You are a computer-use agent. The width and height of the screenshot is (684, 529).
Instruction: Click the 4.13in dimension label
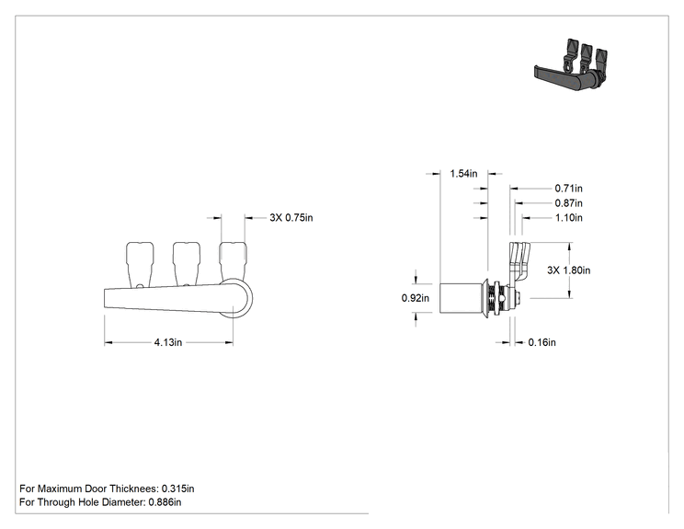[x=168, y=342]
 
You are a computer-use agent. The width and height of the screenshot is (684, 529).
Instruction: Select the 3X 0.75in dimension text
[x=291, y=217]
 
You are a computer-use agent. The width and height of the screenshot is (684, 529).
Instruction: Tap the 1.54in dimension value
[x=463, y=174]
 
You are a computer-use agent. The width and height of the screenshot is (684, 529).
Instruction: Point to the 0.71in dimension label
[x=568, y=188]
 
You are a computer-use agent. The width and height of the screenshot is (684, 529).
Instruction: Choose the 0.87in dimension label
[x=568, y=203]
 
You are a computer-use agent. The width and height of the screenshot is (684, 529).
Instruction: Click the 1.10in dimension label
[x=568, y=217]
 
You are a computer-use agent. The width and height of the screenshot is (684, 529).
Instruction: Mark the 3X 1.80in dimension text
[x=569, y=270]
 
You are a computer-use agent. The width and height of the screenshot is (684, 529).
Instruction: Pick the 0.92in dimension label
[x=416, y=298]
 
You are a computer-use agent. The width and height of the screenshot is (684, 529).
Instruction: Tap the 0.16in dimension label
[x=541, y=342]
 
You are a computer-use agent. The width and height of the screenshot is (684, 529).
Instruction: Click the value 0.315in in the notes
[x=178, y=489]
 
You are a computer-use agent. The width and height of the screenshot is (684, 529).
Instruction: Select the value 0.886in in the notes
[x=165, y=502]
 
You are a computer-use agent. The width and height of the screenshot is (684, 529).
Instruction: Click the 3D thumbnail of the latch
[x=571, y=65]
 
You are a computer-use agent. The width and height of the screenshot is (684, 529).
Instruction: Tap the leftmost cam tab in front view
[x=140, y=265]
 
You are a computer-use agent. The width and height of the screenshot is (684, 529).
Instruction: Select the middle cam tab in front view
[x=187, y=264]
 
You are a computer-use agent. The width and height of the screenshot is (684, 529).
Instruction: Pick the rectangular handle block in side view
[x=462, y=298]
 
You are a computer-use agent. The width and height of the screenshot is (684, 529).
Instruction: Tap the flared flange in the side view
[x=486, y=298]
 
